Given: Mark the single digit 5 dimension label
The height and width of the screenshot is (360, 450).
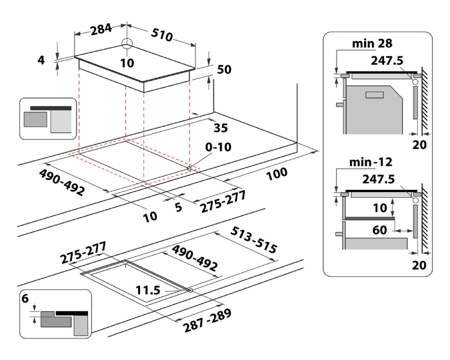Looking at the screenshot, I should tap(178, 207).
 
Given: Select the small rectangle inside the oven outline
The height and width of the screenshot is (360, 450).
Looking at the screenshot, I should tap(375, 95).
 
